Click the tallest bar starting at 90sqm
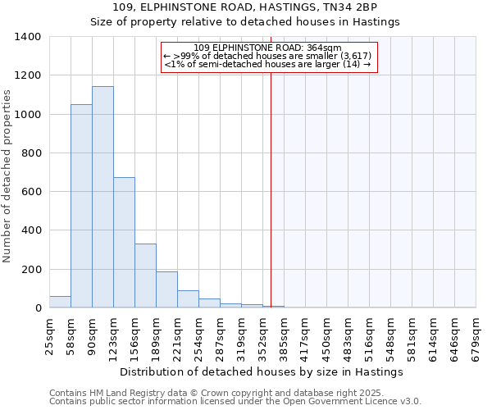[x=102, y=197]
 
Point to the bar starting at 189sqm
[x=166, y=290]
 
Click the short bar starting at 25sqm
[x=60, y=303]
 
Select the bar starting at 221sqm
[x=188, y=299]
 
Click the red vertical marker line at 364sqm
[x=271, y=189]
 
